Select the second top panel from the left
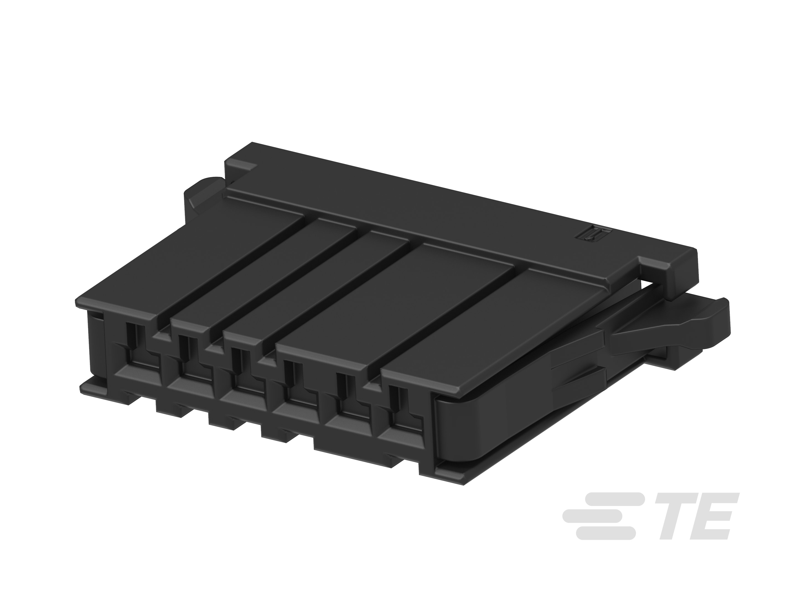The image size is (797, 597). [x=265, y=277]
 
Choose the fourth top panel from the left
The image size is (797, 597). [x=395, y=306]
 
